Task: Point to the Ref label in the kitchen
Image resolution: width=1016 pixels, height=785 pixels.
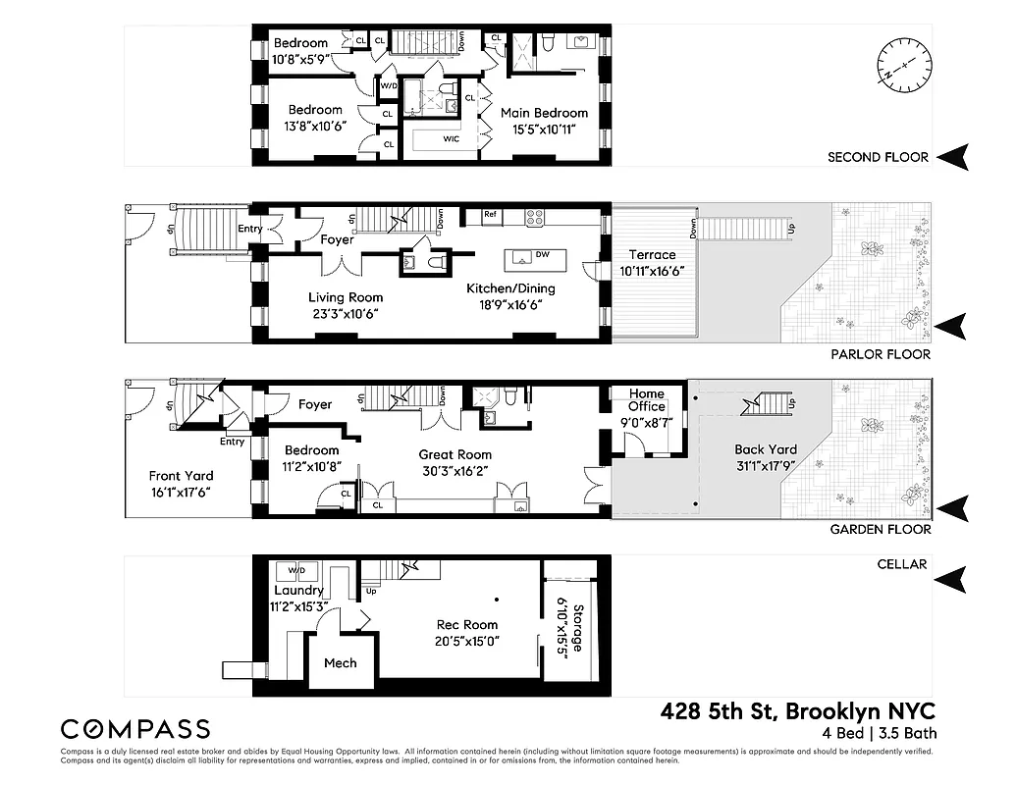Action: point(491,215)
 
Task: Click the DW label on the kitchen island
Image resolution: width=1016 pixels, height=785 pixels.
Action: point(542,255)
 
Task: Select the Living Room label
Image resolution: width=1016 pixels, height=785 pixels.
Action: point(345,297)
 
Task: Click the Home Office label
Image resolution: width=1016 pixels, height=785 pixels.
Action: point(647,400)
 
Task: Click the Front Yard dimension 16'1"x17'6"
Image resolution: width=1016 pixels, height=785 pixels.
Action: point(180,493)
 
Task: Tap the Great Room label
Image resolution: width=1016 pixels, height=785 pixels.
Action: point(455,454)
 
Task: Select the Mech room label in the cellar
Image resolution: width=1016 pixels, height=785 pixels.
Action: point(340,663)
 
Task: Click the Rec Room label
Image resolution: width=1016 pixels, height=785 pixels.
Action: point(467,625)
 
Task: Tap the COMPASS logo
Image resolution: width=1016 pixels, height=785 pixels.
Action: point(135,729)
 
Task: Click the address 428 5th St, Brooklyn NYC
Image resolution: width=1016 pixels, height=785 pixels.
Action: point(797,710)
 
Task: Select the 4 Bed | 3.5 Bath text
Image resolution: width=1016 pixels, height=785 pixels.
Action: point(881,733)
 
